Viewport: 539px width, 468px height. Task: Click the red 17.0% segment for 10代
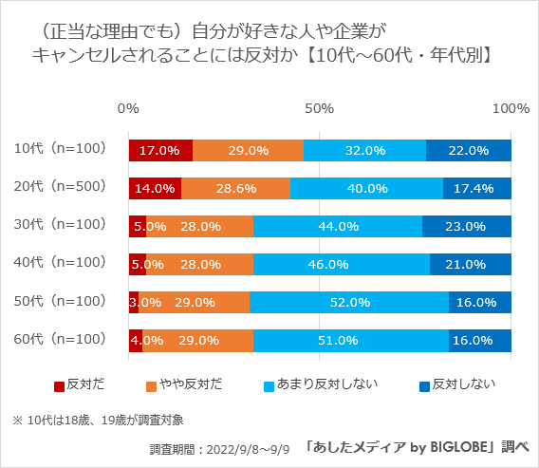160,150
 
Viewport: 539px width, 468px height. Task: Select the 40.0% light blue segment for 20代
366,188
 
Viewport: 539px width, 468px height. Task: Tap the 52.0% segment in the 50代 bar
349,302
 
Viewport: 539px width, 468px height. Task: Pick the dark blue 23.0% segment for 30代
467,226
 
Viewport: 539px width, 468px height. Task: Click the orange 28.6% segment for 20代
235,188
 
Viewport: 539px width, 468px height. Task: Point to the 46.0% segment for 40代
342,264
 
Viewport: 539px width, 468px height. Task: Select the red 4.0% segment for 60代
136,340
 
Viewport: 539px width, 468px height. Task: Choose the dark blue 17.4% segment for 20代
477,188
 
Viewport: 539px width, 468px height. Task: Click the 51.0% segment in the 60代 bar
351,340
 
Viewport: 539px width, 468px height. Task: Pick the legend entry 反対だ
79,384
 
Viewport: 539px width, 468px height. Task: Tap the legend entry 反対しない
457,384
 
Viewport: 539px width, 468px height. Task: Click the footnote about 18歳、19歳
104,419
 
